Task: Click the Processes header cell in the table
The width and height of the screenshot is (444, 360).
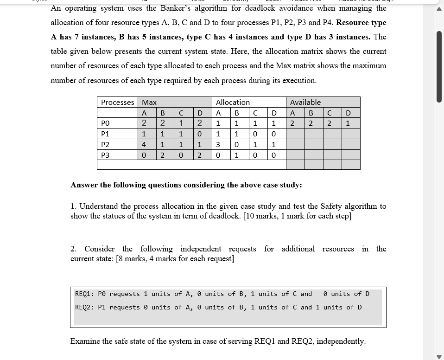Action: pyautogui.click(x=117, y=102)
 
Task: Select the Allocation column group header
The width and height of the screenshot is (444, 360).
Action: pyautogui.click(x=233, y=102)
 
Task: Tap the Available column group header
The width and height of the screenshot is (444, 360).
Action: pyautogui.click(x=305, y=102)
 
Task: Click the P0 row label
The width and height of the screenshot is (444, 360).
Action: pyautogui.click(x=105, y=123)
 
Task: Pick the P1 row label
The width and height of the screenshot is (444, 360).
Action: pyautogui.click(x=105, y=134)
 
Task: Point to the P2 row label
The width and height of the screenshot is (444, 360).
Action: pyautogui.click(x=105, y=145)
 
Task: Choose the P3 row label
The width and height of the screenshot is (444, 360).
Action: pyautogui.click(x=105, y=155)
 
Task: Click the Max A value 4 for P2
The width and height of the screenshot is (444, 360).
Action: pyautogui.click(x=144, y=145)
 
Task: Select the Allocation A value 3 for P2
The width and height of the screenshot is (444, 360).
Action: pyautogui.click(x=218, y=145)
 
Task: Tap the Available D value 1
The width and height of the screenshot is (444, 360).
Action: pyautogui.click(x=348, y=123)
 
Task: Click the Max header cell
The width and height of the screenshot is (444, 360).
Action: pyautogui.click(x=149, y=102)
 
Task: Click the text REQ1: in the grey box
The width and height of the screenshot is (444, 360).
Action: pyautogui.click(x=85, y=294)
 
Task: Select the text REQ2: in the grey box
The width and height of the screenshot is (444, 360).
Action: pyautogui.click(x=85, y=307)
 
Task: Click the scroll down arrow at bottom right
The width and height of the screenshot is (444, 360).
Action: pyautogui.click(x=438, y=356)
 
